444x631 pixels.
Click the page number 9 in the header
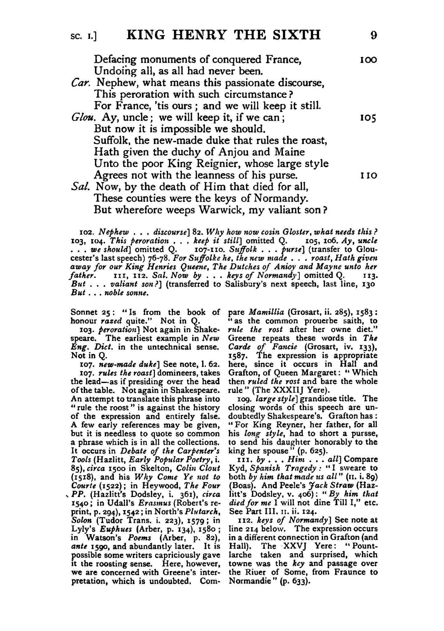pos(373,35)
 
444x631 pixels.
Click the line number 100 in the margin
pos(368,60)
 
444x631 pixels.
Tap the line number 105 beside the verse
pos(368,118)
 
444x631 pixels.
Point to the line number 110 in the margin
pos(368,176)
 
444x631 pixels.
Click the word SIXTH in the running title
pos(296,35)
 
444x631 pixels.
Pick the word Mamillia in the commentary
pos(266,312)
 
